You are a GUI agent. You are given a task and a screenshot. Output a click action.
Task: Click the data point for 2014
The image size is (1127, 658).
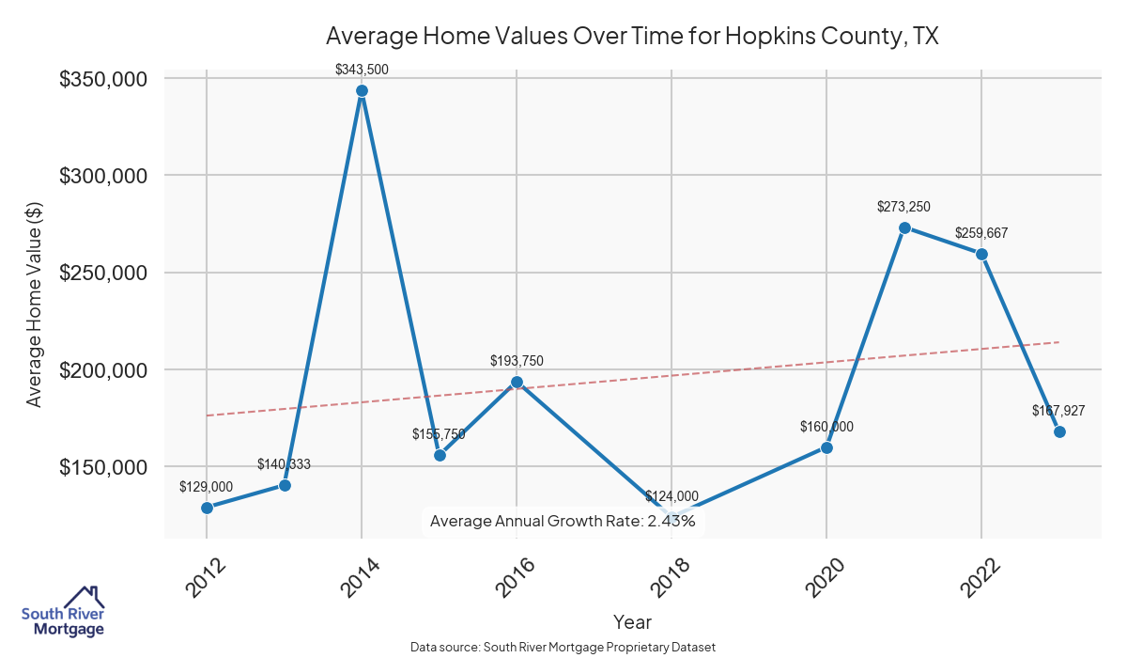362,91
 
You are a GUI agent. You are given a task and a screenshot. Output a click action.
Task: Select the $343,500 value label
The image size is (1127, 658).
362,69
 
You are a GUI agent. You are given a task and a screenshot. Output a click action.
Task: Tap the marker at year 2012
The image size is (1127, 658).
207,508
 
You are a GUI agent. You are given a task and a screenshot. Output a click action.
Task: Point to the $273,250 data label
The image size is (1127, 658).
903,206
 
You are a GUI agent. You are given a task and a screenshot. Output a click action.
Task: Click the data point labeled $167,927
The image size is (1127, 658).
1059,431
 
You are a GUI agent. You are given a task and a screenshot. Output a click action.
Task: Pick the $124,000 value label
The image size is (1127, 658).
672,496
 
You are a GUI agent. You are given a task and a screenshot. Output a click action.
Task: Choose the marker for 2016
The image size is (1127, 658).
517,383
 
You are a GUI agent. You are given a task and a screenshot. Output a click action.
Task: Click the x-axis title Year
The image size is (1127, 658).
632,621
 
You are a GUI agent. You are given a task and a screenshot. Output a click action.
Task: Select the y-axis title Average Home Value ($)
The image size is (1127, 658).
35,306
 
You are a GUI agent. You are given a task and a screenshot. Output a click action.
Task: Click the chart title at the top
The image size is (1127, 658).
632,36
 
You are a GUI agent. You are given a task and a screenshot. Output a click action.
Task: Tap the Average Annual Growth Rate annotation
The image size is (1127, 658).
562,521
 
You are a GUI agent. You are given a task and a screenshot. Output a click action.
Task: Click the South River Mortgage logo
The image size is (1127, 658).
63,612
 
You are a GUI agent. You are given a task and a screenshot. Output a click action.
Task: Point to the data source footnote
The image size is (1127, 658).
563,647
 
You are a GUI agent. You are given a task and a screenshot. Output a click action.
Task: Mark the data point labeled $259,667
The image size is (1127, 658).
981,254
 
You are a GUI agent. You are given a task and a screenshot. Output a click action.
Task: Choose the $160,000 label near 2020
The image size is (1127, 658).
826,427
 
